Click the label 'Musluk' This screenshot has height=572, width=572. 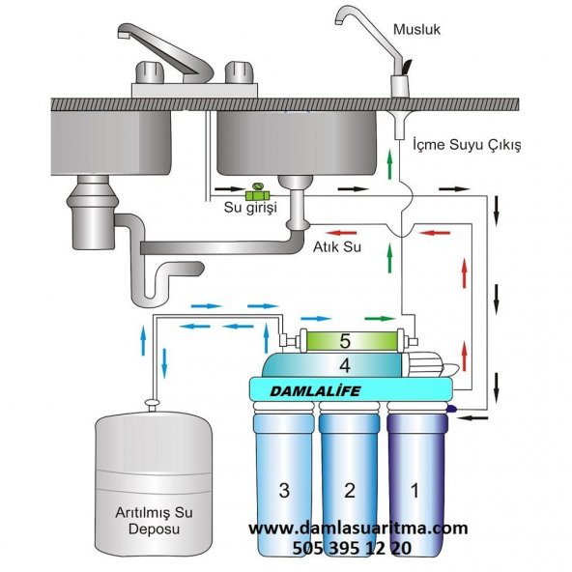416,29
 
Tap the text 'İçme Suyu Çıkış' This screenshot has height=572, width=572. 467,145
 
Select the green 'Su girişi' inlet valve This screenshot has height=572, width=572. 257,192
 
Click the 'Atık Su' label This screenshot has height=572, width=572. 337,247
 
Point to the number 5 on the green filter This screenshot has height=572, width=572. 345,341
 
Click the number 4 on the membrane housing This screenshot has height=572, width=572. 345,365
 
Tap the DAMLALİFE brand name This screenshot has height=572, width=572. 315,391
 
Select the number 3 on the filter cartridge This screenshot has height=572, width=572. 284,490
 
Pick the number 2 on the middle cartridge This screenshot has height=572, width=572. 350,490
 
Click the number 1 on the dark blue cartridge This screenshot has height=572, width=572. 415,490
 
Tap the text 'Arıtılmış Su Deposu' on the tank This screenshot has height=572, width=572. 154,521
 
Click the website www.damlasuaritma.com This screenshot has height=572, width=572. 358,529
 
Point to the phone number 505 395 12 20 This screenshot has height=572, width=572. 352,548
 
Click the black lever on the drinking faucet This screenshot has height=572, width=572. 407,67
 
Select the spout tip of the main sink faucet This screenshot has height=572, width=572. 124,35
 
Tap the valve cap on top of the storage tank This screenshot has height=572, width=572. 153,403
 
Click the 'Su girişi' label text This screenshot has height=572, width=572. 250,207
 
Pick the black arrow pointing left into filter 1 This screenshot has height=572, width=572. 473,417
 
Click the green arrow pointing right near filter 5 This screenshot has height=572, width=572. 380,319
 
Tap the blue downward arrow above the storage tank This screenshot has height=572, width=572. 164,363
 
